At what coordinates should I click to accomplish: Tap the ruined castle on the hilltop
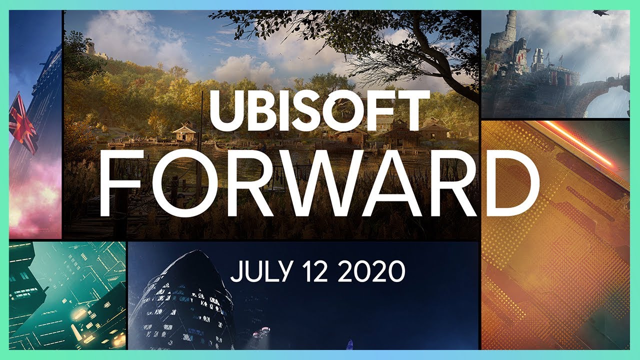[90, 48]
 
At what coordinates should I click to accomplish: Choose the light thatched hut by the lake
[183, 133]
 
